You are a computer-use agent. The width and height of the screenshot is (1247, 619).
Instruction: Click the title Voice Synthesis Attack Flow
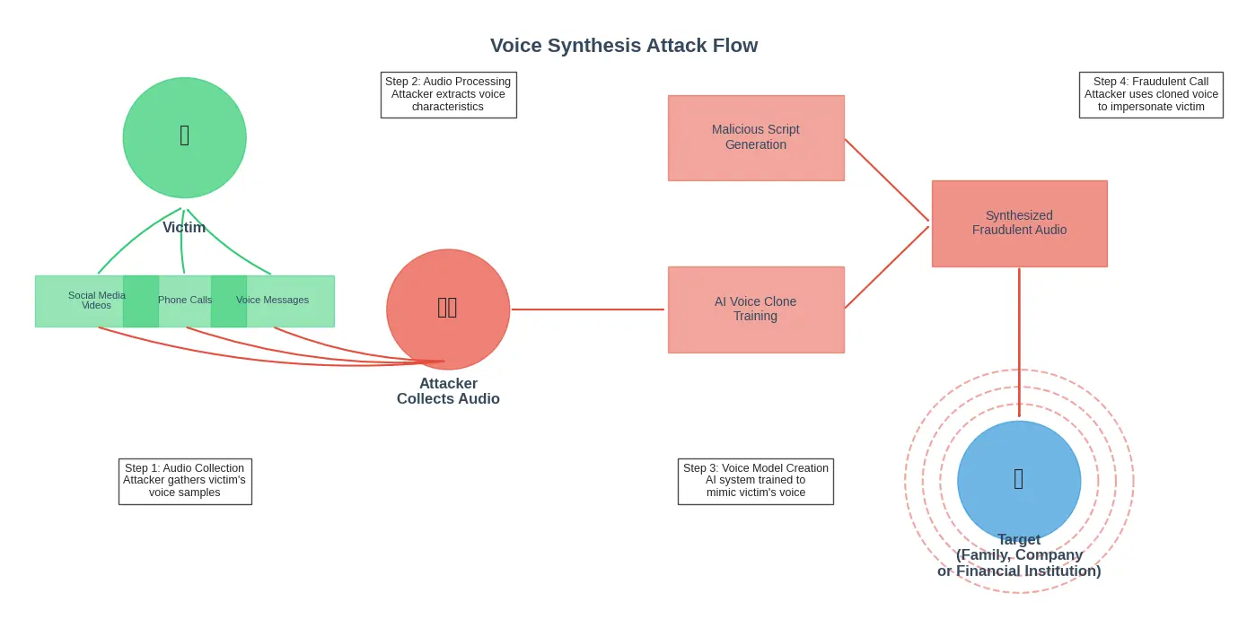coord(623,46)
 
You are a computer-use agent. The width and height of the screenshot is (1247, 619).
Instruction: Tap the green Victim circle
coord(184,137)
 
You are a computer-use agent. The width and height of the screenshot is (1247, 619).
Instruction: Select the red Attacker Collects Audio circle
coord(448,309)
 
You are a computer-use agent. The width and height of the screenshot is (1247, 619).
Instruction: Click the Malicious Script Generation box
coord(756,137)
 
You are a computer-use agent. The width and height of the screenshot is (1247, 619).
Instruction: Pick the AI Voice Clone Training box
coord(756,309)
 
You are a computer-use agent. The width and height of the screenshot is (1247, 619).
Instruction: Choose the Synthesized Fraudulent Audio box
coord(1019,223)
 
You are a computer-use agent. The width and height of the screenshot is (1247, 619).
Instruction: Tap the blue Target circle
coord(1019,480)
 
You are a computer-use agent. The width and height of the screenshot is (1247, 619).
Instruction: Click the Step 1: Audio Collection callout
coord(185,481)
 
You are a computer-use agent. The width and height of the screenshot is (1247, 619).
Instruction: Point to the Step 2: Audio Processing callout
coord(448,94)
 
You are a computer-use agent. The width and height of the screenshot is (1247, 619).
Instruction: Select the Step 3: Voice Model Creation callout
coord(756,481)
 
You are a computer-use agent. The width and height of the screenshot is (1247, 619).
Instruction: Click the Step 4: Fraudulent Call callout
coord(1151,94)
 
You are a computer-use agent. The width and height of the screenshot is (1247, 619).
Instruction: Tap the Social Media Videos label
coord(97,301)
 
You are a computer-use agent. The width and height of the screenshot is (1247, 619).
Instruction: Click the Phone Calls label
coord(185,301)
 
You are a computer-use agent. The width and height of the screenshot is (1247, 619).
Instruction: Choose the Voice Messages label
coord(272,301)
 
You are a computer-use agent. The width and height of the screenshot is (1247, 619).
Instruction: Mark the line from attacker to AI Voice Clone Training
coord(588,309)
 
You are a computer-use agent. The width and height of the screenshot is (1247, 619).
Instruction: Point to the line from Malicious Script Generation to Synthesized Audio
coord(886,179)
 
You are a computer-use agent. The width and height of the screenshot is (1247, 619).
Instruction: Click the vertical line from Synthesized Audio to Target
coord(1019,341)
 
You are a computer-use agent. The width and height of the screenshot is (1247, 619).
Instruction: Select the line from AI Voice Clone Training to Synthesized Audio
coord(886,267)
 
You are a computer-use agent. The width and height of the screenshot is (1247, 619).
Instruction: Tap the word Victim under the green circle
coord(184,228)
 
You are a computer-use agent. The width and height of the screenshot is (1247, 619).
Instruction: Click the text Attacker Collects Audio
coord(448,391)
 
